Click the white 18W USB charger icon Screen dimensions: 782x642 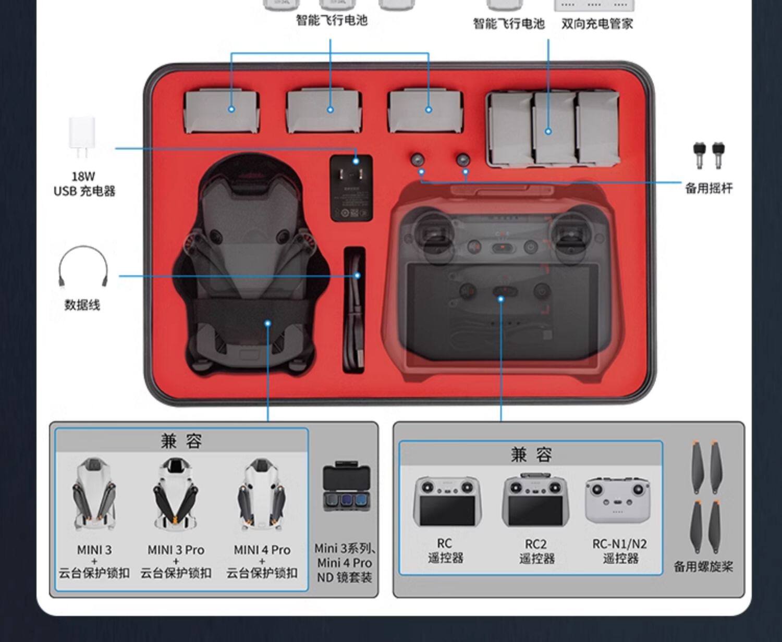tap(82, 137)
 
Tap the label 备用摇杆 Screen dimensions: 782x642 tap(708, 188)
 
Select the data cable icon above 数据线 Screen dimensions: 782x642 tap(83, 266)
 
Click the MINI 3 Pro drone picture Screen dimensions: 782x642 tap(176, 494)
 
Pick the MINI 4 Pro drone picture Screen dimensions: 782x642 tap(261, 494)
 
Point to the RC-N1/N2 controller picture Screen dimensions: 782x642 tap(618, 501)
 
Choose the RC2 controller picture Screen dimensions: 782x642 tap(535, 501)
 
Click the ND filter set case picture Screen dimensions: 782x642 tap(346, 486)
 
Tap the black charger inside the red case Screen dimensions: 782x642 tap(352, 188)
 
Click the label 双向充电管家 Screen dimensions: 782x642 tap(597, 23)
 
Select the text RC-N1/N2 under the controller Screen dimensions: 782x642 tap(619, 544)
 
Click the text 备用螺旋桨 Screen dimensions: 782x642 tap(703, 566)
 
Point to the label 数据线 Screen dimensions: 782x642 tap(82, 305)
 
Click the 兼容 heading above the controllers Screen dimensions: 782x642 tap(531, 454)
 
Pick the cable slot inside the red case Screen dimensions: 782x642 tap(354, 310)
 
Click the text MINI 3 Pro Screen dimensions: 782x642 tap(176, 550)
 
